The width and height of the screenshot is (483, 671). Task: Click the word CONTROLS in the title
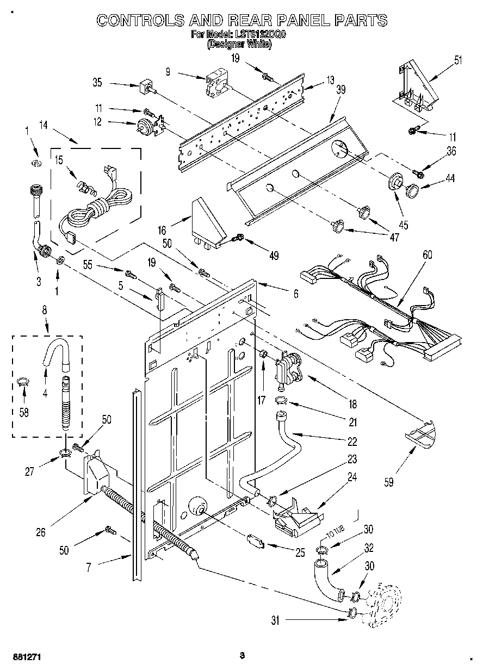pos(140,21)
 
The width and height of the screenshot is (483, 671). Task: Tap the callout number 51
pos(458,60)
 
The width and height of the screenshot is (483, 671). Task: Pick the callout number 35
pos(97,83)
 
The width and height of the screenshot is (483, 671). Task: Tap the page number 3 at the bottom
pos(242,655)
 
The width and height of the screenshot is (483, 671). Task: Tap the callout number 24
pos(352,478)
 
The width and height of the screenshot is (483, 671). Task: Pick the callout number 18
pos(352,404)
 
